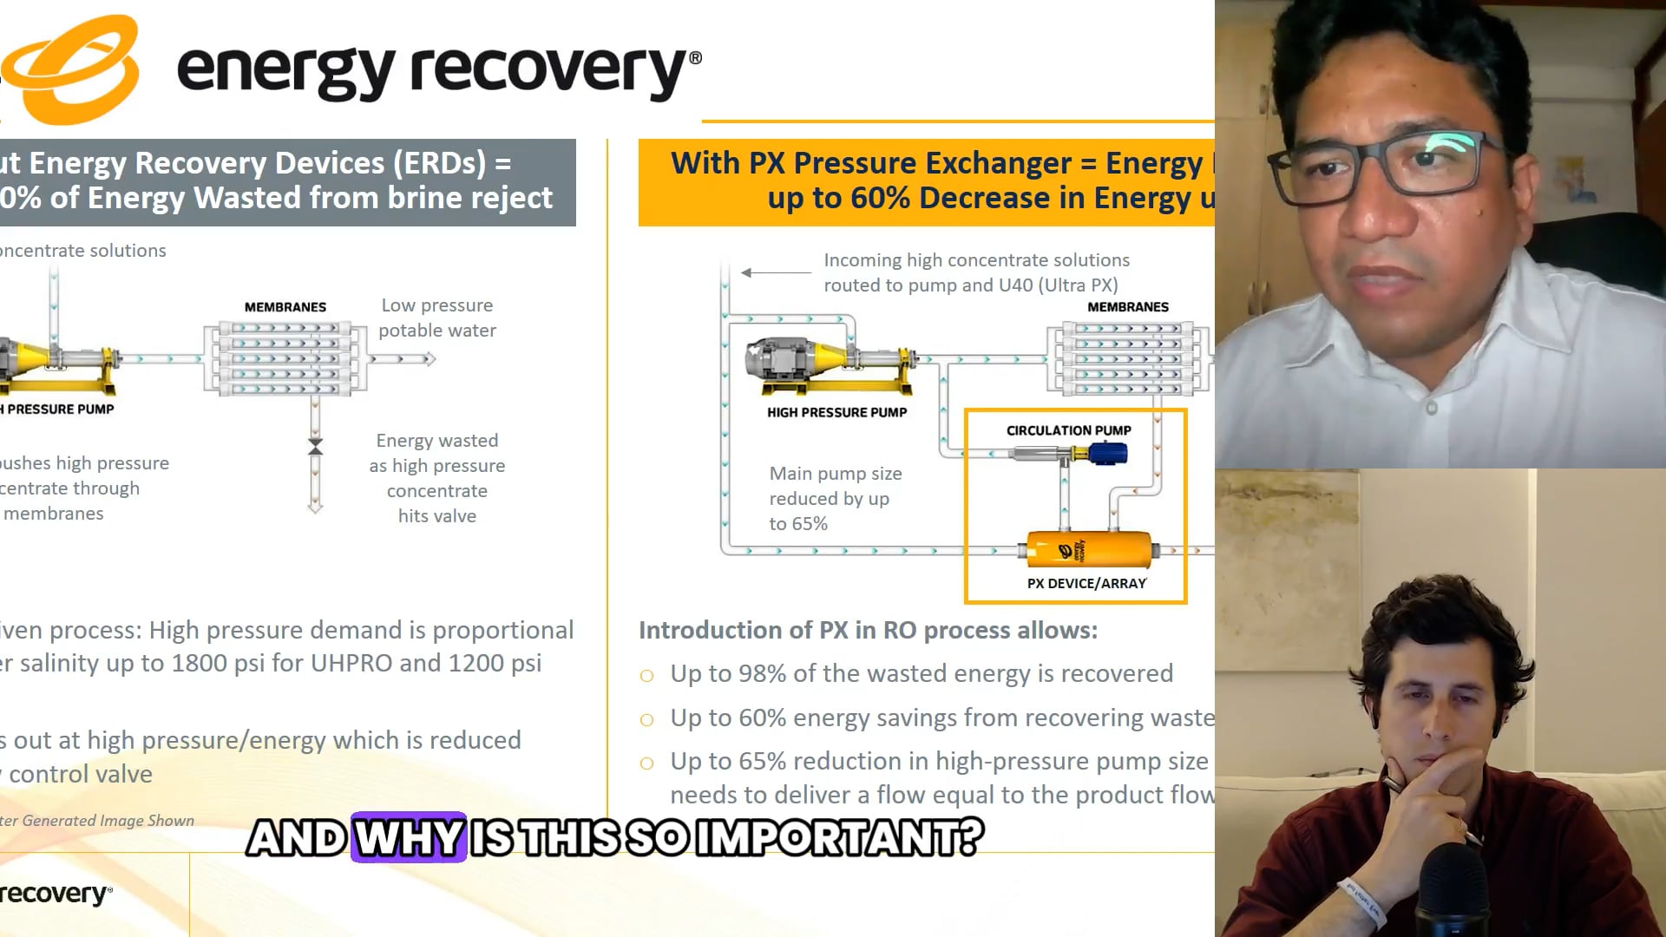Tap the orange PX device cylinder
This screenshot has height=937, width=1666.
click(1088, 550)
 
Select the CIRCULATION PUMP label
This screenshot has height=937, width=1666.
click(1068, 430)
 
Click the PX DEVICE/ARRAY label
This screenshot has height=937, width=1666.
click(1086, 584)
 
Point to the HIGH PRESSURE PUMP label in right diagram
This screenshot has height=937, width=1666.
click(836, 413)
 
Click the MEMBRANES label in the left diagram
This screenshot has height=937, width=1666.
click(285, 307)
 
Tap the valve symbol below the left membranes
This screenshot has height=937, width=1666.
click(315, 447)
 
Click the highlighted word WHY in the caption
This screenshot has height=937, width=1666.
click(409, 838)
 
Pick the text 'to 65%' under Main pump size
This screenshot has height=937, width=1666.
click(798, 524)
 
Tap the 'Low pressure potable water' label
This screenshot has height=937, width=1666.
click(436, 318)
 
